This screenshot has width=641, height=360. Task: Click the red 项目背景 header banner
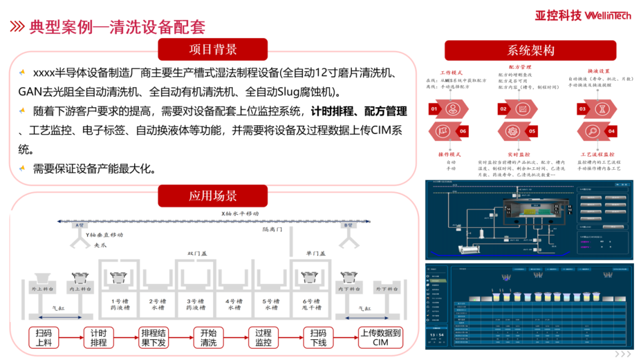[x=213, y=50]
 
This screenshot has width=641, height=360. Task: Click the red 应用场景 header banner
[x=213, y=196]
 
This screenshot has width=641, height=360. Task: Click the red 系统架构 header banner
[x=530, y=50]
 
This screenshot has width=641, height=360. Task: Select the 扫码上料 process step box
[x=44, y=337]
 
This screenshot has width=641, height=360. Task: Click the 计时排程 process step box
[x=99, y=337]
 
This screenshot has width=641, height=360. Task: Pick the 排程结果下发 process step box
[x=153, y=337]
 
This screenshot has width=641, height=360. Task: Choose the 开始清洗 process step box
[x=208, y=337]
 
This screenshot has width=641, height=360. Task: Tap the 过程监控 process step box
[x=263, y=337]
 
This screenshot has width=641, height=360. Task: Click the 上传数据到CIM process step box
[x=380, y=337]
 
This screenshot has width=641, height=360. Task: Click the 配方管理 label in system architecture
[x=520, y=67]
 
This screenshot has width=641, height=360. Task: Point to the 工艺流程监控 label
[x=597, y=154]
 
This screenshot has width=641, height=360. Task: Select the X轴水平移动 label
[x=240, y=213]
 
